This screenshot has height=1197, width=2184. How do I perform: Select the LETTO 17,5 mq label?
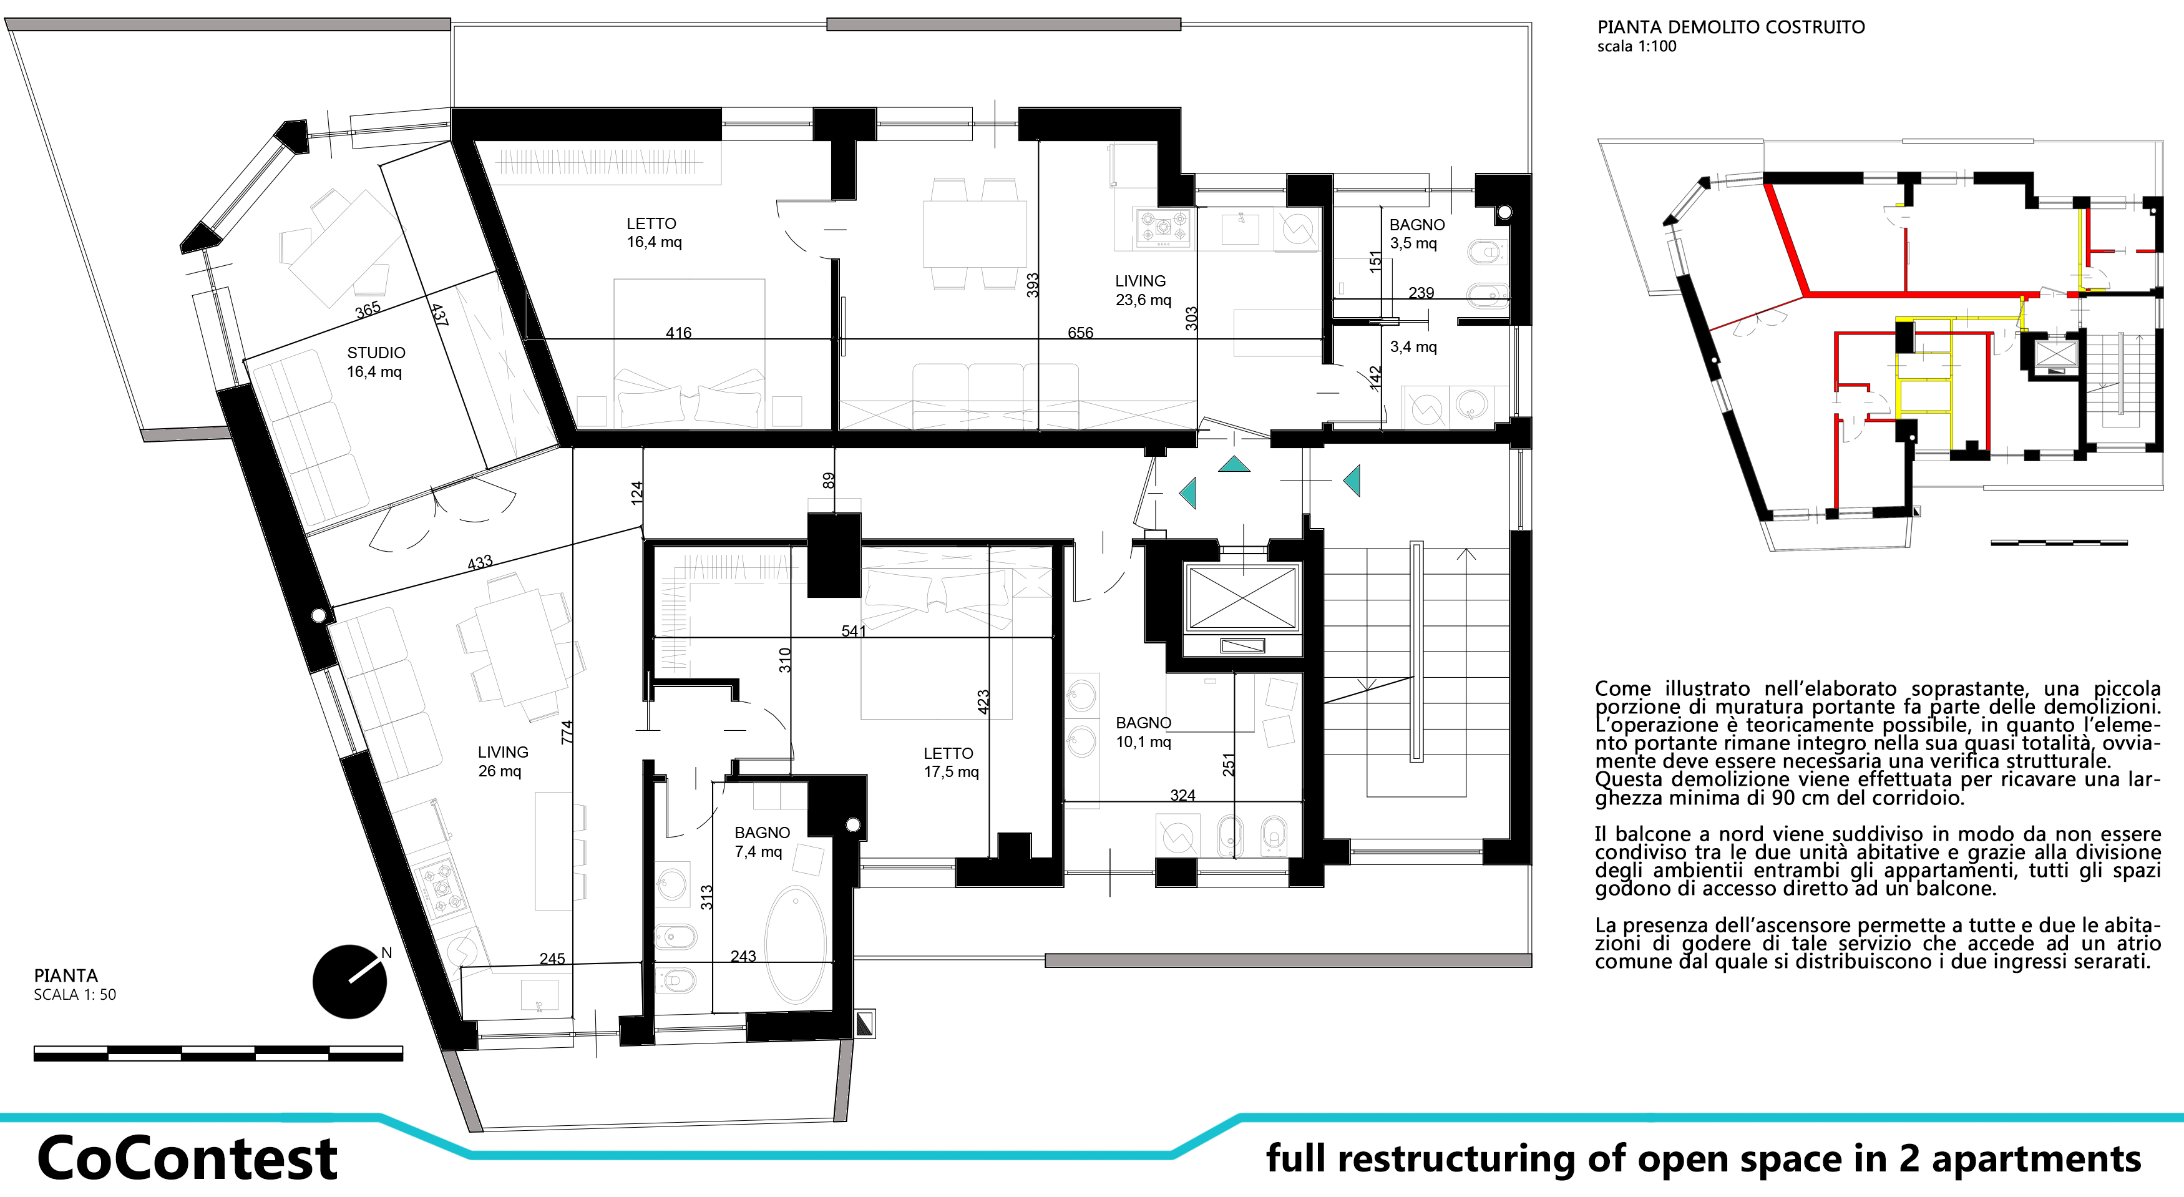(x=950, y=762)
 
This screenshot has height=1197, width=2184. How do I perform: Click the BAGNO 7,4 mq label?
(x=761, y=842)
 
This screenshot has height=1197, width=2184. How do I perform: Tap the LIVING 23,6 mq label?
(x=1142, y=290)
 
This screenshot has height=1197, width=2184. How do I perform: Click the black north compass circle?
(x=349, y=982)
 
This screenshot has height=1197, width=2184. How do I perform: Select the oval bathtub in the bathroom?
(x=794, y=945)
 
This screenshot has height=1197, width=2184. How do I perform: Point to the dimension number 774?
(x=567, y=733)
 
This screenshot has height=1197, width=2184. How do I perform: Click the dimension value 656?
(x=1080, y=332)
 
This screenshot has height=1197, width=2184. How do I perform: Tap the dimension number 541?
(x=854, y=631)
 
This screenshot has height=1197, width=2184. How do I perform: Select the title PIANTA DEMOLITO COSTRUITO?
(x=1730, y=27)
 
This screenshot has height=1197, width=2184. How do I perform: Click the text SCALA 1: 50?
(x=75, y=994)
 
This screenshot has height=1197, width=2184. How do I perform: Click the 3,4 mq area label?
(x=1413, y=347)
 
